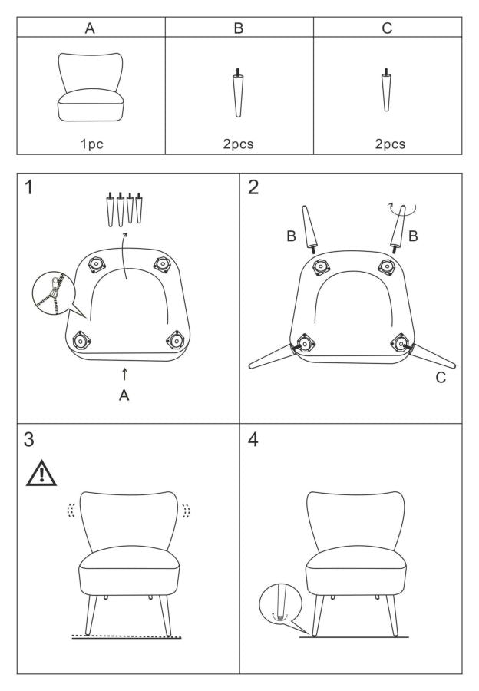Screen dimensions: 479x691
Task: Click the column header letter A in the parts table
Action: pos(90,28)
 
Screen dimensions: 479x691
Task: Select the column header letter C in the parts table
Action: pos(387,28)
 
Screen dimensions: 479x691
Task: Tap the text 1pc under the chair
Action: pos(91,144)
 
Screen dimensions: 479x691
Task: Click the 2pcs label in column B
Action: pos(239,144)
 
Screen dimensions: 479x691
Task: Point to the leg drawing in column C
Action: pos(386,90)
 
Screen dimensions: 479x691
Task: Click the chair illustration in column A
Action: pos(91,87)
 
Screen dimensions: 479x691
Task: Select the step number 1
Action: pos(28,187)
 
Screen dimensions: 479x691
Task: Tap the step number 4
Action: pos(253,439)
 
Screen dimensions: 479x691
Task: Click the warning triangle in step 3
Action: pos(41,473)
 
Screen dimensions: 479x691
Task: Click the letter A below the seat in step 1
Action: pos(124,395)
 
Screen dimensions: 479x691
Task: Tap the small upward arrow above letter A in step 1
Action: pos(124,374)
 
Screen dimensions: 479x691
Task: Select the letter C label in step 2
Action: pos(441,378)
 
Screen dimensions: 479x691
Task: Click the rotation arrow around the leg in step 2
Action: pos(402,210)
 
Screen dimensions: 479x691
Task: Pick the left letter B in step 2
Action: pos(291,236)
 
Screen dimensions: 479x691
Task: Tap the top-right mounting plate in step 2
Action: pos(386,267)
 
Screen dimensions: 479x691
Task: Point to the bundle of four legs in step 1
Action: pos(124,209)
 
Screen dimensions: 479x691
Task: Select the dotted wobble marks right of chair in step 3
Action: pos(187,511)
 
